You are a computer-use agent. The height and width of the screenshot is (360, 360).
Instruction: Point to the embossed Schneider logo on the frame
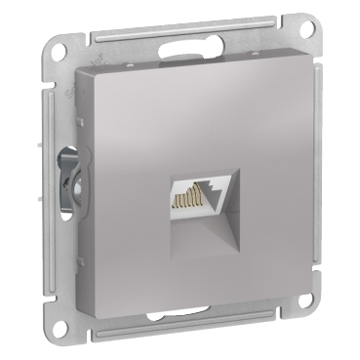pos(74,97)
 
